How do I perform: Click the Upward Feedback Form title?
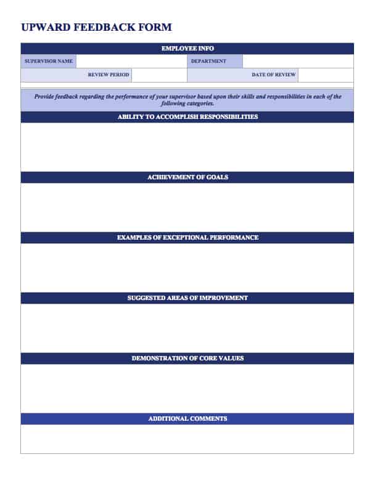(96, 27)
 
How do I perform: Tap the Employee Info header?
(187, 49)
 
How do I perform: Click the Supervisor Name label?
(49, 62)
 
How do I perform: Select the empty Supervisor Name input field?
(131, 62)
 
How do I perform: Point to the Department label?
(208, 62)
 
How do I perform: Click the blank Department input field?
(298, 62)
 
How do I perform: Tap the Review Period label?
(109, 75)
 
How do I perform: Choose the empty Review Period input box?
(159, 75)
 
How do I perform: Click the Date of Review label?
(273, 75)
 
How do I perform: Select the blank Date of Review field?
(326, 75)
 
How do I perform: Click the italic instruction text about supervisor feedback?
(187, 100)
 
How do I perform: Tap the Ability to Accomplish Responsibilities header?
(187, 117)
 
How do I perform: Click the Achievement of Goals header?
(187, 177)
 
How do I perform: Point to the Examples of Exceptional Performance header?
(187, 238)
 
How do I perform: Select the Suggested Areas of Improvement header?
(187, 298)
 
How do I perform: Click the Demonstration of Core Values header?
(187, 358)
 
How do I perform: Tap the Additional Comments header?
(187, 419)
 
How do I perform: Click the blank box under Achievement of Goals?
(187, 207)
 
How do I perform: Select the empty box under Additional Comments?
(187, 439)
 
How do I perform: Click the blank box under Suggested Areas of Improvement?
(187, 328)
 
